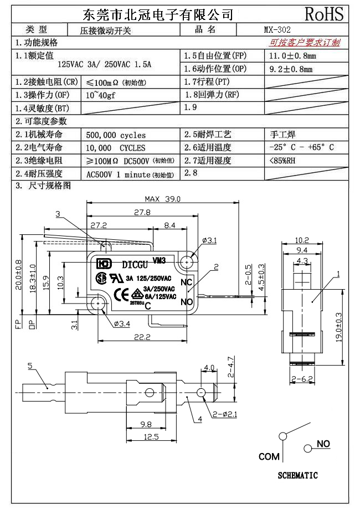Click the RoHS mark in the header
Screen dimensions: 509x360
[324, 14]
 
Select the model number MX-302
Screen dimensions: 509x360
[277, 30]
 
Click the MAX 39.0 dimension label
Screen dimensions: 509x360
[163, 199]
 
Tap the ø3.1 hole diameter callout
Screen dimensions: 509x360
[209, 240]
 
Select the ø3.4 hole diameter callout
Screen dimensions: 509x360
[122, 323]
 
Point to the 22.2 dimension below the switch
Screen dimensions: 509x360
[145, 337]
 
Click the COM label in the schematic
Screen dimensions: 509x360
[269, 457]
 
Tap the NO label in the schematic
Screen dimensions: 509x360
[323, 444]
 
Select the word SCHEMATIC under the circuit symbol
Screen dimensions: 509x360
[297, 475]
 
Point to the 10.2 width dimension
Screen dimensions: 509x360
[301, 240]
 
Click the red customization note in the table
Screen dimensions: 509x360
[305, 43]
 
